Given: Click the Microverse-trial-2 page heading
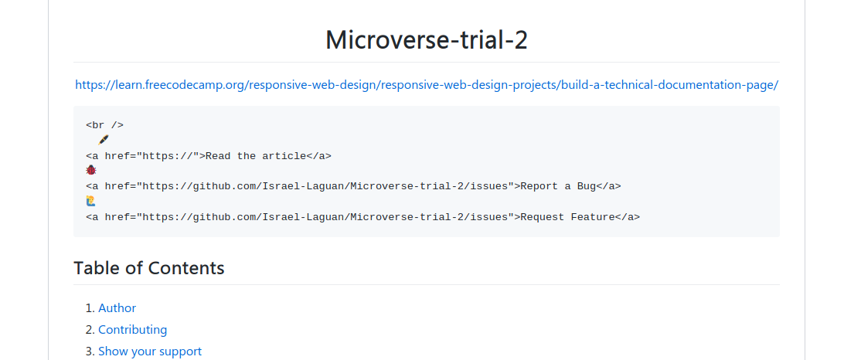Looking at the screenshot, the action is pos(426,39).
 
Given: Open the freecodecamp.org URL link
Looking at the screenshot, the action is pos(426,85).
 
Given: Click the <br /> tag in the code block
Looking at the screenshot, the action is pos(104,125).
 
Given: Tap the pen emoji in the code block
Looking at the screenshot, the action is pos(104,140).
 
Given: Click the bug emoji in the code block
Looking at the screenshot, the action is pos(91,171).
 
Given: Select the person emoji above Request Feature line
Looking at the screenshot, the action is pos(91,202).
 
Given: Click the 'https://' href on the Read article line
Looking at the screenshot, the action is pos(170,156).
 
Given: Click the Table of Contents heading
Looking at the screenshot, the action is pos(149,268).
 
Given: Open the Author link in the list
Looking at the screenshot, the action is pos(117,308).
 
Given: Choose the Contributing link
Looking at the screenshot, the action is pos(132,330).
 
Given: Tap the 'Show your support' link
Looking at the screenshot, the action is pos(150,352).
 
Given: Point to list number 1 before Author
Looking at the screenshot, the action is pos(90,308).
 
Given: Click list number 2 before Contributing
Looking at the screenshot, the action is pos(90,330).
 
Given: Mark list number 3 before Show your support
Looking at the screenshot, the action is pos(90,352).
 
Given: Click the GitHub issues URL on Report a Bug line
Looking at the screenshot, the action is pos(325,186).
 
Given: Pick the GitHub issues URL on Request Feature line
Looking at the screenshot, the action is pos(325,217).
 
